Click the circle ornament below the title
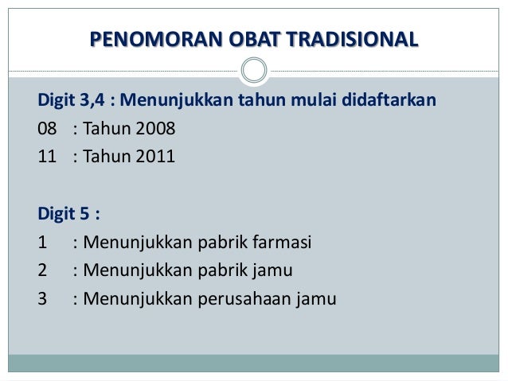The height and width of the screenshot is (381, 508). click(253, 70)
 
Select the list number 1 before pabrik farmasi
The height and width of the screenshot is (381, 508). click(42, 243)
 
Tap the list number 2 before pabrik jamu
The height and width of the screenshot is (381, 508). click(42, 271)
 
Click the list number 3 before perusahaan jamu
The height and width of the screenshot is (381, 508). click(42, 300)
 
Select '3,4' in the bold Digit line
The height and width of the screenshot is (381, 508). click(93, 102)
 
